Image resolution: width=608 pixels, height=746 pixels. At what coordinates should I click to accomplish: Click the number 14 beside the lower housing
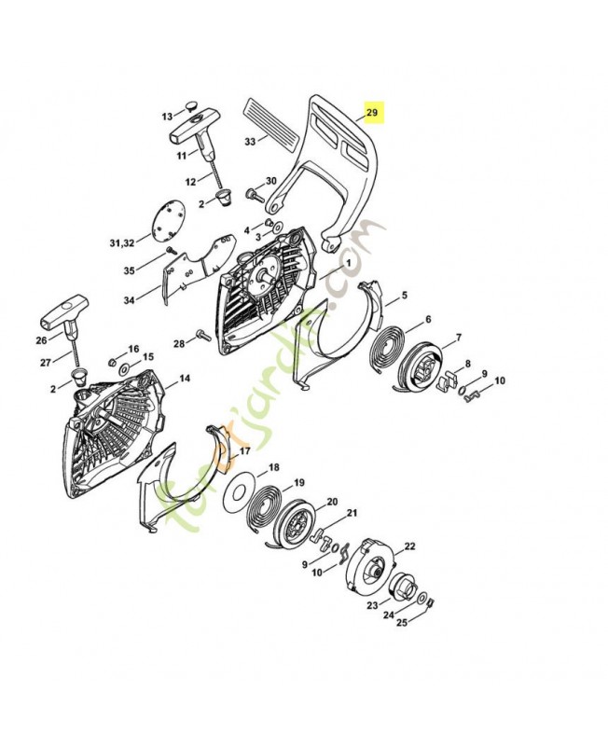click(x=185, y=379)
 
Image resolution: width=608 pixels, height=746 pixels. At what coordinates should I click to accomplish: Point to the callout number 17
click(x=245, y=450)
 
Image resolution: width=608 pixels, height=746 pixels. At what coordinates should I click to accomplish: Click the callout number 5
click(x=404, y=297)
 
